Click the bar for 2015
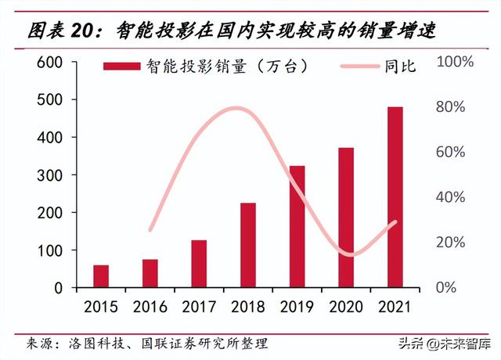click(x=101, y=276)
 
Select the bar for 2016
click(x=150, y=273)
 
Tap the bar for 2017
click(x=199, y=264)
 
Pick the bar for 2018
click(x=248, y=245)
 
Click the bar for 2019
click(x=297, y=226)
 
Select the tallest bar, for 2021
click(x=395, y=197)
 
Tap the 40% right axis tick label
click(x=450, y=197)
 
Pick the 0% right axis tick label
click(x=447, y=287)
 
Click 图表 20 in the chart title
click(x=59, y=31)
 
